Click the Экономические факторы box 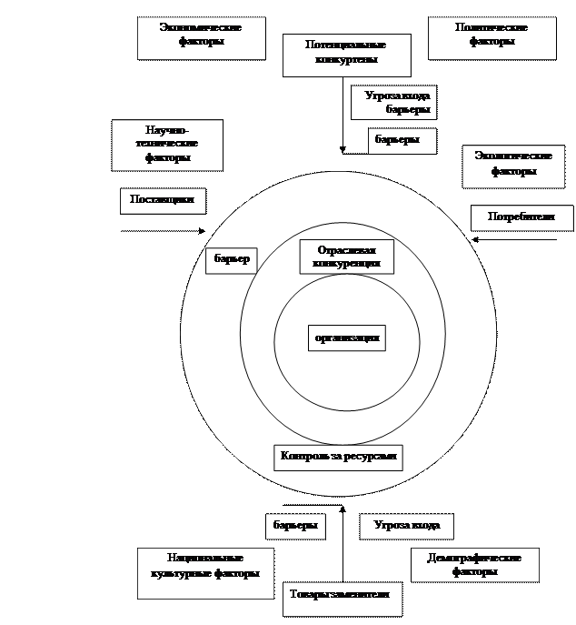tap(202, 37)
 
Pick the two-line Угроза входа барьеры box tap(394, 102)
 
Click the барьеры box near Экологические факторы tap(402, 141)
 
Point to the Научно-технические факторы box tap(167, 145)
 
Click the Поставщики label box tap(162, 200)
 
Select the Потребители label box tap(521, 218)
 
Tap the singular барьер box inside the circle tap(231, 260)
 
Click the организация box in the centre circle tap(346, 338)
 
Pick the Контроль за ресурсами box tap(338, 457)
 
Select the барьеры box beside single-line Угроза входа tap(295, 526)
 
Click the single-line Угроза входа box tap(406, 526)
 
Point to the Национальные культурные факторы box tap(205, 572)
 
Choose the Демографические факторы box tap(474, 565)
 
